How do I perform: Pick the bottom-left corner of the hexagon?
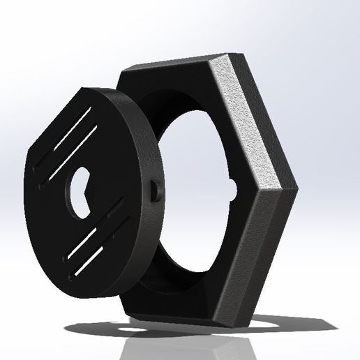[126, 310]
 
